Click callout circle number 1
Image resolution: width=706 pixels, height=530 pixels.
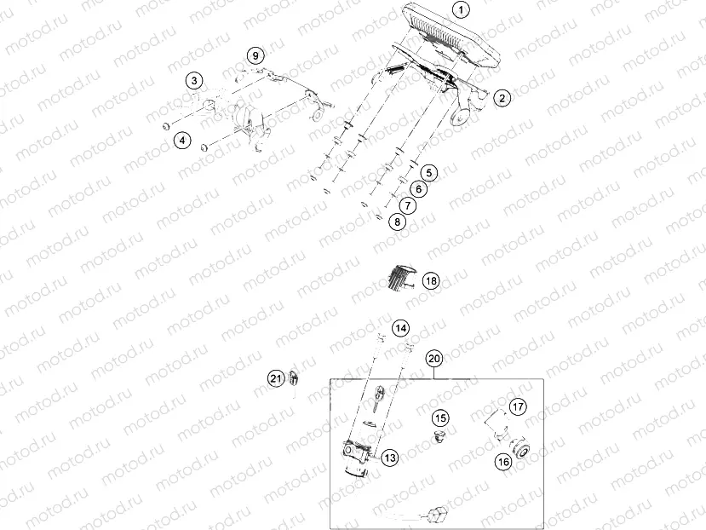pos(461,10)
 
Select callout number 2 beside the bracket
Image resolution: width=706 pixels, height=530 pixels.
pos(502,98)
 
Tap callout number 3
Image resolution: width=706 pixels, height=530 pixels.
pos(195,81)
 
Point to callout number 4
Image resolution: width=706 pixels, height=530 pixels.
pos(181,140)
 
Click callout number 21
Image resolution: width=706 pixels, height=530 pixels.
pos(275,378)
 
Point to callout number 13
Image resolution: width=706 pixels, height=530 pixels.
pos(389,458)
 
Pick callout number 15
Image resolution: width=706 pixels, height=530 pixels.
pos(439,418)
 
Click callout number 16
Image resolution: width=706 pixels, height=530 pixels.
pos(502,462)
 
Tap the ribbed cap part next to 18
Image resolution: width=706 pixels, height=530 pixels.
pos(397,278)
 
